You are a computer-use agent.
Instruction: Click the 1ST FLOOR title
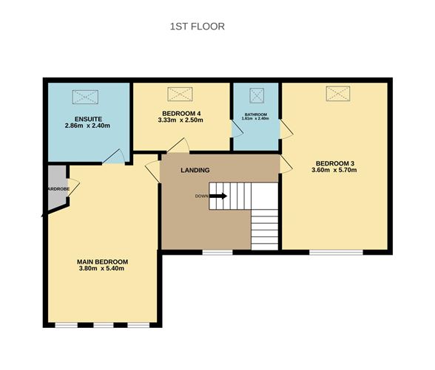tap(198, 27)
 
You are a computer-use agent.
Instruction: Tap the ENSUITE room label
tap(88, 119)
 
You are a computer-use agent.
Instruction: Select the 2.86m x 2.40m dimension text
tap(88, 126)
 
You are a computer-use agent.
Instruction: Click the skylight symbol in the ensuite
tap(84, 96)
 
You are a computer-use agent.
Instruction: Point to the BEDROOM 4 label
tap(180, 112)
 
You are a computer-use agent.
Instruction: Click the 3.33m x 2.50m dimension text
tap(180, 120)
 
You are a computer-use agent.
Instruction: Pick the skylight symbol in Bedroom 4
tap(179, 94)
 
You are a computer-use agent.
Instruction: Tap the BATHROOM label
tap(256, 114)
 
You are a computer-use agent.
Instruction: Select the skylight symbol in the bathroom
tap(257, 95)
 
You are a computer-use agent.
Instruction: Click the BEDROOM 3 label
tap(336, 163)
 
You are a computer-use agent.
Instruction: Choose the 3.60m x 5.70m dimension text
tap(336, 171)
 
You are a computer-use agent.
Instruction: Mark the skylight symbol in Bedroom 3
tap(337, 93)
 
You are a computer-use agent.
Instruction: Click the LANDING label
tap(195, 171)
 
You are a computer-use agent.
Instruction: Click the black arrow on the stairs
tap(218, 196)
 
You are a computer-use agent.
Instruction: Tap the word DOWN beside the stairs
tap(201, 196)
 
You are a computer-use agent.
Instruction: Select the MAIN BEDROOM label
tap(103, 261)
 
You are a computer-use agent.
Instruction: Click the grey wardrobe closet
tap(55, 189)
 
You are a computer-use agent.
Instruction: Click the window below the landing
tap(217, 253)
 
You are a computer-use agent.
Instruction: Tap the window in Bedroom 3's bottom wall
tap(336, 253)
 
